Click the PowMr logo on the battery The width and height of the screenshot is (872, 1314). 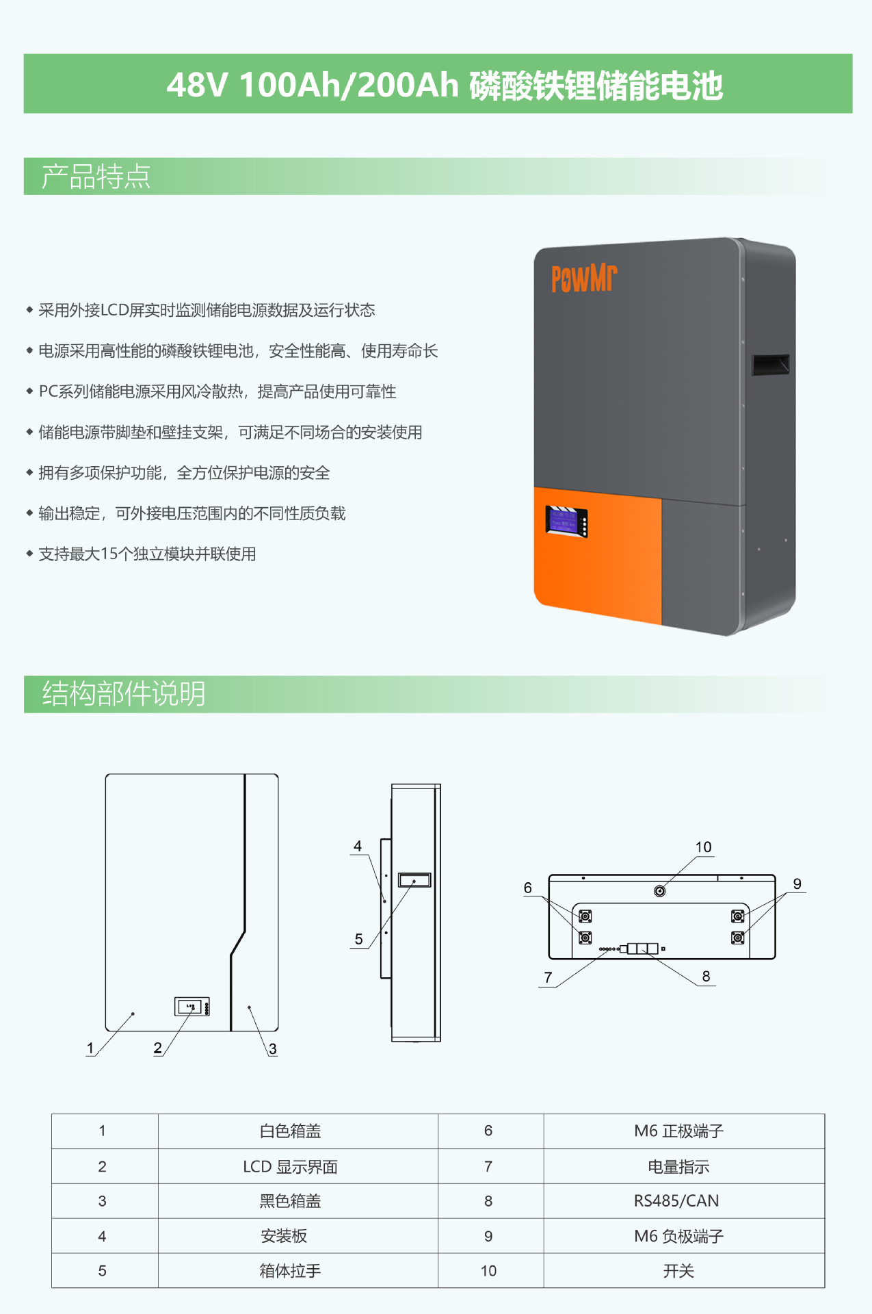point(583,279)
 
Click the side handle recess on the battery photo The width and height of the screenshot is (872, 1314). point(770,364)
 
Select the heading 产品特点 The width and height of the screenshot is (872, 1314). point(96,177)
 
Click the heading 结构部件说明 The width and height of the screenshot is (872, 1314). point(124,693)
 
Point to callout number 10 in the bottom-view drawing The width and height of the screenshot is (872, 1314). point(703,847)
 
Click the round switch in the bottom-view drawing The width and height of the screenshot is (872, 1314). point(659,890)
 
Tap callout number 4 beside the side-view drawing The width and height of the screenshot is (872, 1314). point(357,847)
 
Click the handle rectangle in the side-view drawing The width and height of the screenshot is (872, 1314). point(414,879)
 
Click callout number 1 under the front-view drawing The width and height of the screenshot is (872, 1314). point(90,1048)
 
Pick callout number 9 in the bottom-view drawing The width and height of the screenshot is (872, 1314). point(797,884)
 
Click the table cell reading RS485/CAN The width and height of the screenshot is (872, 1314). point(676,1201)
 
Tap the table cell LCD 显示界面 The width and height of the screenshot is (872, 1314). point(290,1167)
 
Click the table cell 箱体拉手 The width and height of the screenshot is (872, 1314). point(290,1271)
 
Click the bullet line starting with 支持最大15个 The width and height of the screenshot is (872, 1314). point(147,554)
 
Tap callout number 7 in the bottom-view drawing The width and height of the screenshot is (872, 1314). point(548,977)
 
